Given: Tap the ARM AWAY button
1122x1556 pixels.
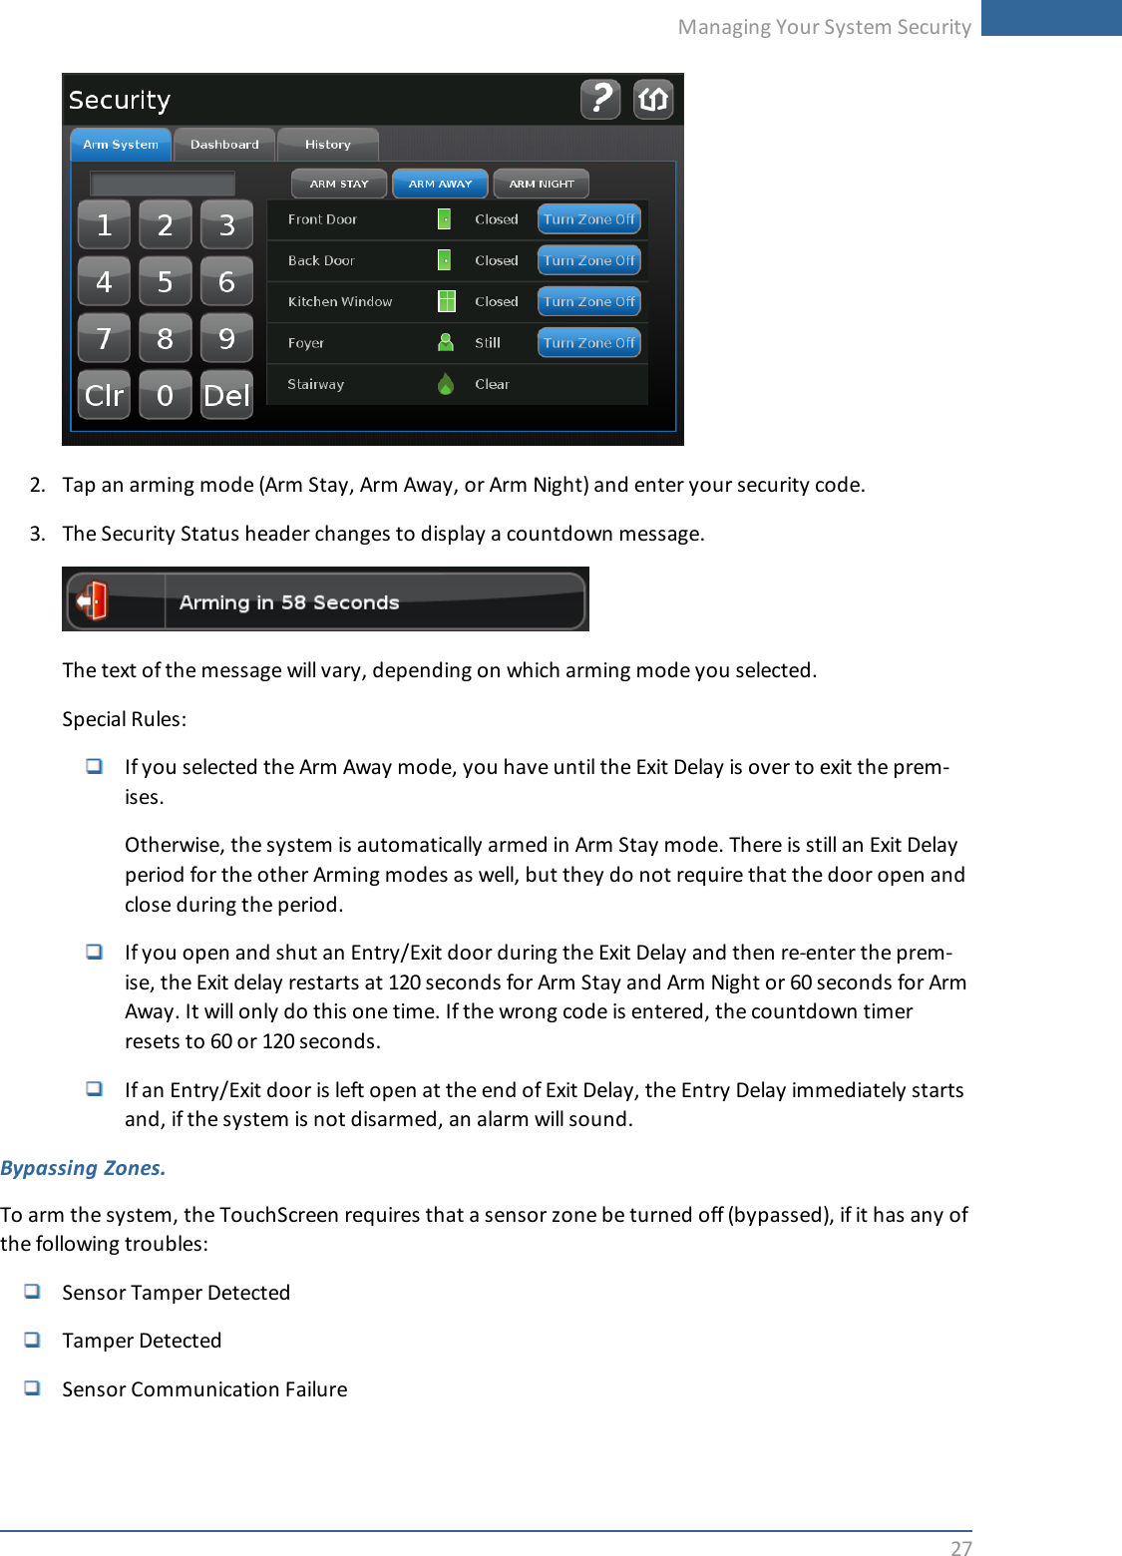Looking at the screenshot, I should pyautogui.click(x=440, y=184).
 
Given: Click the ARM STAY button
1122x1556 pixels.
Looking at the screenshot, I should pyautogui.click(x=339, y=184).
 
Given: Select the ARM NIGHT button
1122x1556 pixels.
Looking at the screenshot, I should pyautogui.click(x=542, y=184).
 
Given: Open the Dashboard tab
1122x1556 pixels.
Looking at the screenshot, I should pyautogui.click(x=224, y=145).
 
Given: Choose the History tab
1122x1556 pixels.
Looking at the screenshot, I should pyautogui.click(x=328, y=145).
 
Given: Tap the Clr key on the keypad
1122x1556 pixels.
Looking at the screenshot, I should pyautogui.click(x=105, y=396).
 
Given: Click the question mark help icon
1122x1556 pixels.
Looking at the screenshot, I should pyautogui.click(x=600, y=99).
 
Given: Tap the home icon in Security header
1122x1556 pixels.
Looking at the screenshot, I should pyautogui.click(x=653, y=99).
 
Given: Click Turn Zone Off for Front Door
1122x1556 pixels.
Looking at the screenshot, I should pyautogui.click(x=589, y=219).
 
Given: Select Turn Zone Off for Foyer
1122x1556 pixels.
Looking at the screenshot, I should pyautogui.click(x=589, y=343).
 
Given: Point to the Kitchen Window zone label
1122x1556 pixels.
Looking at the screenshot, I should pyautogui.click(x=340, y=301).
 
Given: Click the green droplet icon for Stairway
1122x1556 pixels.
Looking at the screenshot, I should pyautogui.click(x=446, y=384).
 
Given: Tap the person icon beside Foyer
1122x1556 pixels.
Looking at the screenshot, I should pyautogui.click(x=446, y=342).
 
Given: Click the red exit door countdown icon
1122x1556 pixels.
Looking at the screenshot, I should pyautogui.click(x=93, y=600).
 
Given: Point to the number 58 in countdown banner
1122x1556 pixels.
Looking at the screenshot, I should pyautogui.click(x=293, y=602).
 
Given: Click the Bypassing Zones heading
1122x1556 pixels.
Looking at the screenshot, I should pyautogui.click(x=83, y=1168).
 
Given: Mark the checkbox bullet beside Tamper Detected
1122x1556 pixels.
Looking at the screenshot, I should pyautogui.click(x=33, y=1340).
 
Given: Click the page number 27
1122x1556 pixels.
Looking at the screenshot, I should pyautogui.click(x=960, y=1547).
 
